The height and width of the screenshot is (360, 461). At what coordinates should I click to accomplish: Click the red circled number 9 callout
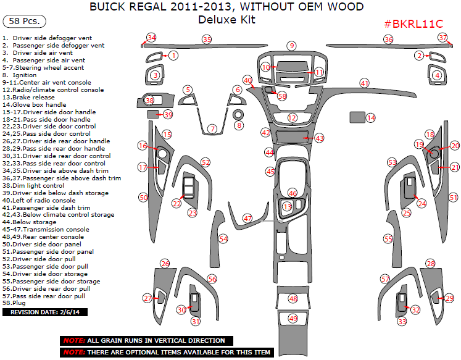tap(291, 46)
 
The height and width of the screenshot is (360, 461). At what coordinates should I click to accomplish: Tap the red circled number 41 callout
tap(364, 83)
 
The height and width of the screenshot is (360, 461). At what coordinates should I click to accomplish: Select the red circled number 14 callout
tap(371, 117)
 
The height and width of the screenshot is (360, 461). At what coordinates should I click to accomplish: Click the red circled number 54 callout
tap(223, 238)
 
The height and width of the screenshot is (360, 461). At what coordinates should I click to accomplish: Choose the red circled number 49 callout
tap(293, 318)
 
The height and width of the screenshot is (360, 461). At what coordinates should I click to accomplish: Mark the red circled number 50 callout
tap(143, 197)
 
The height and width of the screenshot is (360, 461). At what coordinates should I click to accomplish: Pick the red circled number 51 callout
tap(454, 198)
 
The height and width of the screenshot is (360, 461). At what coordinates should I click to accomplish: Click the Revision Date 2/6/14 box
tap(46, 312)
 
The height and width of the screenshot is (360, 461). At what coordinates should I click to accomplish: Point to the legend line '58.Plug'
tap(17, 303)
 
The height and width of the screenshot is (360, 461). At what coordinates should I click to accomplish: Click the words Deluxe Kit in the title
tap(226, 19)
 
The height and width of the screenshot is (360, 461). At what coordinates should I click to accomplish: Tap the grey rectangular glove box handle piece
tap(356, 117)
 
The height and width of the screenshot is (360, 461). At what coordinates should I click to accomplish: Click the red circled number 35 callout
tap(207, 40)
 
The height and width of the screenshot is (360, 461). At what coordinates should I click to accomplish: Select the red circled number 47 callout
tap(247, 218)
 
